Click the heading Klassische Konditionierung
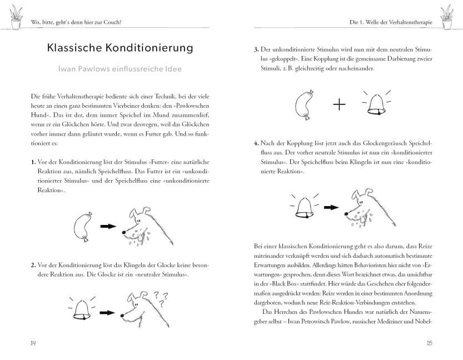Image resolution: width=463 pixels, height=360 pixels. point(120,48)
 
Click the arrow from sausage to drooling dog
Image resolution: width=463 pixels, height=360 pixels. point(107,227)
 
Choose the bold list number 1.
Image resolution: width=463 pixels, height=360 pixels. point(34,162)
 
